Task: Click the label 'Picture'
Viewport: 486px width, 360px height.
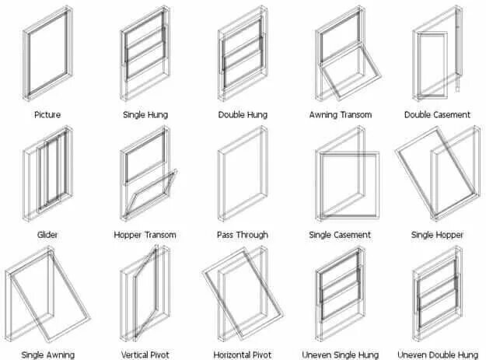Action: point(47,114)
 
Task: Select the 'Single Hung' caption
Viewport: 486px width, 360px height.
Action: point(145,114)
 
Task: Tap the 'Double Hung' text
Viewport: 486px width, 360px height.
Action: point(243,114)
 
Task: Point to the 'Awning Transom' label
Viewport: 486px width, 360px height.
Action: point(340,114)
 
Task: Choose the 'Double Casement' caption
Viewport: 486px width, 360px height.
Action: point(437,114)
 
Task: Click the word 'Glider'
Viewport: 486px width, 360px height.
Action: point(47,235)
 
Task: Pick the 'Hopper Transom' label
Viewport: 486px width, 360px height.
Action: point(145,235)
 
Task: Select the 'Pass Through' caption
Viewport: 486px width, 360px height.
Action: point(243,235)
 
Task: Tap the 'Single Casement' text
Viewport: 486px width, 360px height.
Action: point(340,235)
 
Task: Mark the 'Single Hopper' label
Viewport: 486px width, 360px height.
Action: point(437,235)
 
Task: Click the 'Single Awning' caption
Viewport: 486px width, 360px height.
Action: point(47,355)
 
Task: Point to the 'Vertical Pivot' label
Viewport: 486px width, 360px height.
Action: point(145,355)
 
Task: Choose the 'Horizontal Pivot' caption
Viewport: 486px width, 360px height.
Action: point(243,355)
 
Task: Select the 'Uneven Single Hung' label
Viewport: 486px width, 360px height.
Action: point(340,355)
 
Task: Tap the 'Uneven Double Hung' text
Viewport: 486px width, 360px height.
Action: point(437,355)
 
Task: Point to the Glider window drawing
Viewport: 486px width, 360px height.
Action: point(48,175)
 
